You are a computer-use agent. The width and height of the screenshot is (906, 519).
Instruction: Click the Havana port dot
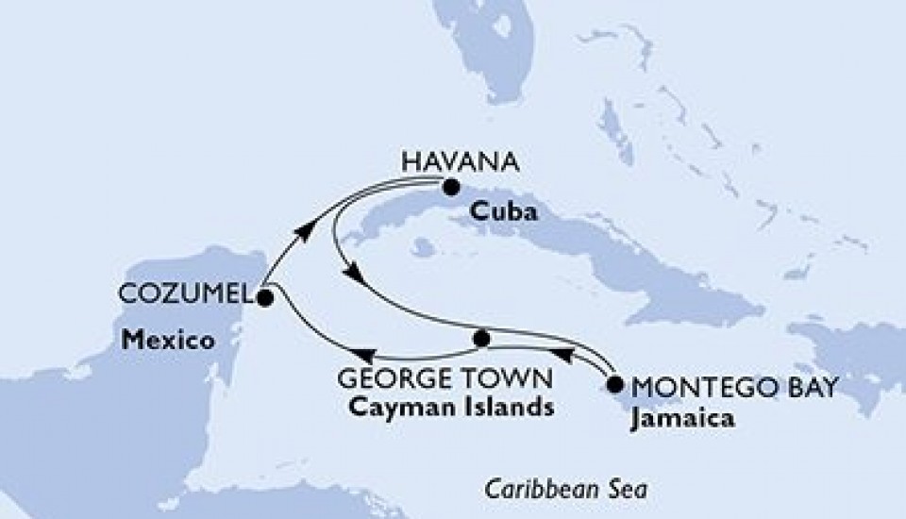coord(452,186)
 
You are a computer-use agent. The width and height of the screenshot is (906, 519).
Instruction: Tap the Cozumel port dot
coord(264,297)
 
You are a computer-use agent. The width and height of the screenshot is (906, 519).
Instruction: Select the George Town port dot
coord(481,337)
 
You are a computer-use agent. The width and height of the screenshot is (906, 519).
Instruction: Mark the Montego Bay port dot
coord(615,384)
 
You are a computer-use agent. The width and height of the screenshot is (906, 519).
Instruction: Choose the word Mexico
coord(165,340)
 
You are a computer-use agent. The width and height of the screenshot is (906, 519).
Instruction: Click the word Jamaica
coord(679,416)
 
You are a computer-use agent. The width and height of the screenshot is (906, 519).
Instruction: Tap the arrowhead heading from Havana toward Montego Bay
coord(353,275)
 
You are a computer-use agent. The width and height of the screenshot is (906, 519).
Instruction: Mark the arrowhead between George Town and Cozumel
coord(370,356)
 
